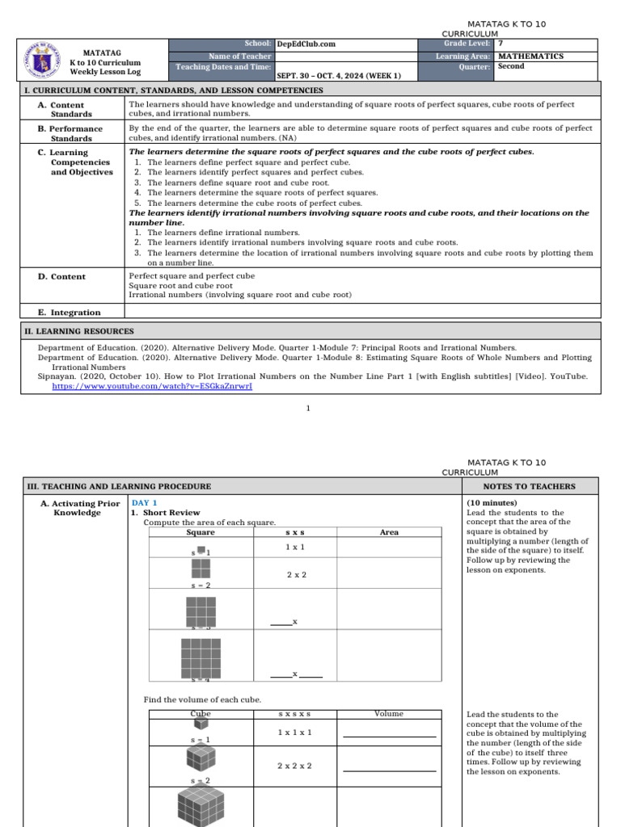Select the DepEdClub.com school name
pos(306,44)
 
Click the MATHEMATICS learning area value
pos(530,57)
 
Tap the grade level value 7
pos(501,44)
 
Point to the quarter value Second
pos(511,67)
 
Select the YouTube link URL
pos(152,386)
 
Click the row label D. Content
pos(61,276)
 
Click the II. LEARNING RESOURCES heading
pos(80,331)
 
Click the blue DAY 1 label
pos(145,502)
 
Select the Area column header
pos(389,532)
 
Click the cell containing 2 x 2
pos(295,574)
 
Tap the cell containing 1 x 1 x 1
pos(295,733)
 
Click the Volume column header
pos(389,714)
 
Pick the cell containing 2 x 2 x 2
pos(295,766)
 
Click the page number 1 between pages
pos(308,409)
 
